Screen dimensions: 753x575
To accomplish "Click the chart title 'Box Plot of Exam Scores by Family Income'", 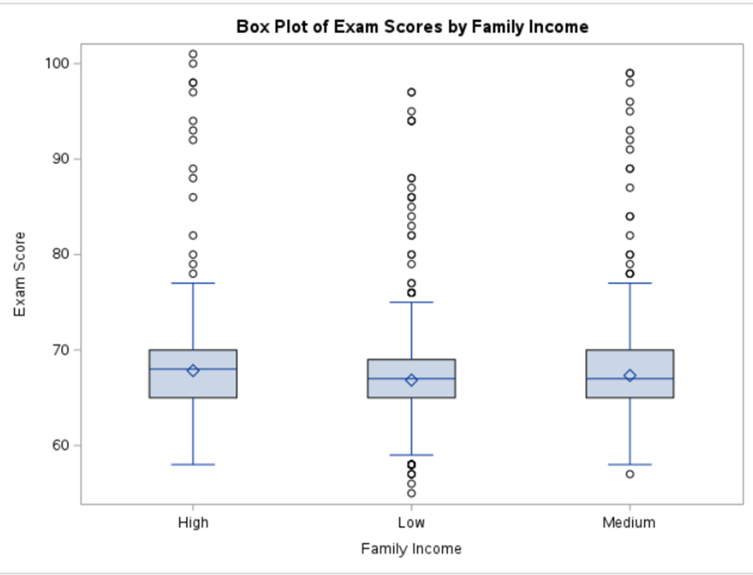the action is pyautogui.click(x=412, y=27).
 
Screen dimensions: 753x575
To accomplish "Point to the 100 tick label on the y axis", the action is pyautogui.click(x=57, y=63).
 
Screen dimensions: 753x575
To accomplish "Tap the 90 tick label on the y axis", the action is pyautogui.click(x=61, y=159).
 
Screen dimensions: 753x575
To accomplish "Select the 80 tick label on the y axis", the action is pyautogui.click(x=61, y=254).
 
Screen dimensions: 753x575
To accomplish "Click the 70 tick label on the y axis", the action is pyautogui.click(x=61, y=350).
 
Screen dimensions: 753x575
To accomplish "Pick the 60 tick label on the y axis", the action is pyautogui.click(x=61, y=445).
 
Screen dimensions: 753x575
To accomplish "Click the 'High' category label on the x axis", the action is pyautogui.click(x=193, y=523).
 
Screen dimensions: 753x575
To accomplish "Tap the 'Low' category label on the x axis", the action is pyautogui.click(x=411, y=523).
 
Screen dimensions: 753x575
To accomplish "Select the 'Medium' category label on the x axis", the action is pyautogui.click(x=629, y=523).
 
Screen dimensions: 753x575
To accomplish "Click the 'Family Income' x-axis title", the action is pyautogui.click(x=411, y=549).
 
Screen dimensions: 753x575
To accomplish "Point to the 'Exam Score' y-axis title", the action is pyautogui.click(x=20, y=274).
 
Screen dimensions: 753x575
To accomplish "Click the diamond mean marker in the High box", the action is pyautogui.click(x=193, y=370).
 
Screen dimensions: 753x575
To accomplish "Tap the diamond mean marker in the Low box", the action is pyautogui.click(x=411, y=380).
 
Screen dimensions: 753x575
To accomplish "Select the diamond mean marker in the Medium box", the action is pyautogui.click(x=630, y=376).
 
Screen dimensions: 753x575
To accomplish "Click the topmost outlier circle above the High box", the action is pyautogui.click(x=193, y=54).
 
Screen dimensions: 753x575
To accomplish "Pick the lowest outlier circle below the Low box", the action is pyautogui.click(x=411, y=493).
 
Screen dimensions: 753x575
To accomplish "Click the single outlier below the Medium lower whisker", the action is pyautogui.click(x=630, y=474).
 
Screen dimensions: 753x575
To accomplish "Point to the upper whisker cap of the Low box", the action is pyautogui.click(x=411, y=302).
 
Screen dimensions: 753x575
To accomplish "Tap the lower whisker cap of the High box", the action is pyautogui.click(x=193, y=465).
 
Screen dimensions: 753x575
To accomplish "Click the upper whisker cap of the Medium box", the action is pyautogui.click(x=630, y=283).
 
